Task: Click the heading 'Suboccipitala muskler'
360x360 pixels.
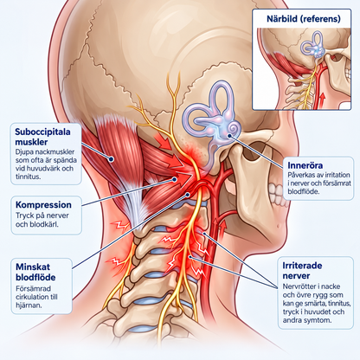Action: (42, 137)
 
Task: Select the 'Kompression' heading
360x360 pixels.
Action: (43, 205)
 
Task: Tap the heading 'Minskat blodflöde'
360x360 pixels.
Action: (35, 272)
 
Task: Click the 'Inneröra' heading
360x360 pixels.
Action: (305, 165)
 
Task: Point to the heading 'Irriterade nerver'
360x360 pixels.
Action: (302, 271)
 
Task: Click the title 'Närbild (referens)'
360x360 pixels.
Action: (304, 19)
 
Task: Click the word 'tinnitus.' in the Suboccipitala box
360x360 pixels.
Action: (28, 177)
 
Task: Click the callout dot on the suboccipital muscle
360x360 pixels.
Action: (111, 158)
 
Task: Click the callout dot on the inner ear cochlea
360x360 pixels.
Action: (229, 135)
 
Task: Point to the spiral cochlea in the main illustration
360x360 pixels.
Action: (233, 128)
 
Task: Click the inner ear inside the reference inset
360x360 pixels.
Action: (313, 46)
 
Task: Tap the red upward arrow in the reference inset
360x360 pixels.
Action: (323, 99)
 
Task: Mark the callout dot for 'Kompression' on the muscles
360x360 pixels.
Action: (174, 179)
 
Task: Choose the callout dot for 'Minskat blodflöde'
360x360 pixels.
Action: (187, 195)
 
